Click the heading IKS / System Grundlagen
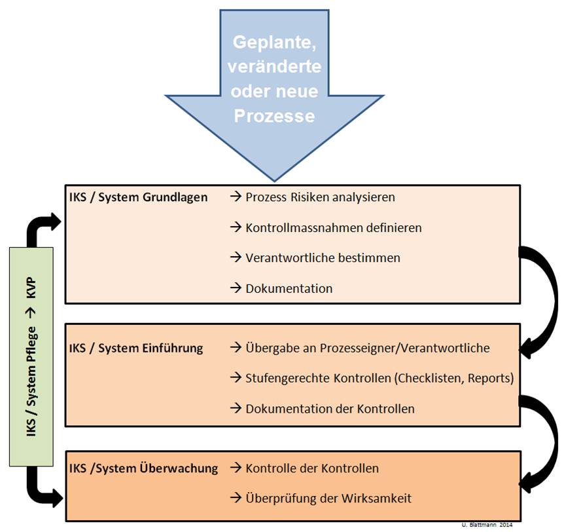click(x=138, y=197)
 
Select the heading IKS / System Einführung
click(x=136, y=348)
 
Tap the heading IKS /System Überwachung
click(x=143, y=468)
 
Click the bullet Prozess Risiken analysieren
click(x=320, y=197)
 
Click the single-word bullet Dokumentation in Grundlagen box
click(x=289, y=288)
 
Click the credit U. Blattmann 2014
click(x=487, y=525)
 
